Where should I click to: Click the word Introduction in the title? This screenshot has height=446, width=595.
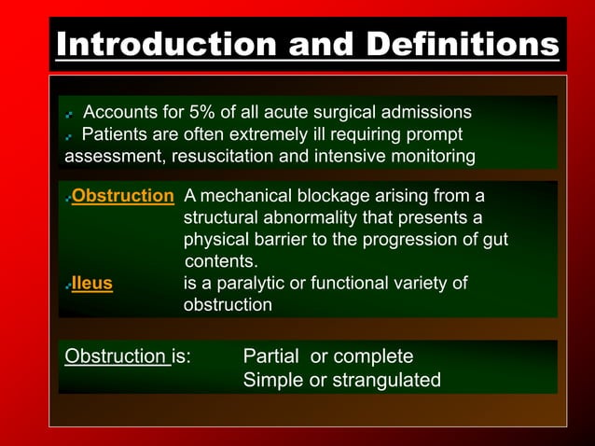[149, 44]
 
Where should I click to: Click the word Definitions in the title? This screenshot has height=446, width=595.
[462, 44]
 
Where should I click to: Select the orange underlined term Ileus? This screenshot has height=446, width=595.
[91, 284]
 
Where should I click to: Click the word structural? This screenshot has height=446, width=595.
[220, 217]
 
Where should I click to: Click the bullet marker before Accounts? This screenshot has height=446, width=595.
[70, 115]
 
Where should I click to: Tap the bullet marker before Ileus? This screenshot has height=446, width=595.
[68, 286]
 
